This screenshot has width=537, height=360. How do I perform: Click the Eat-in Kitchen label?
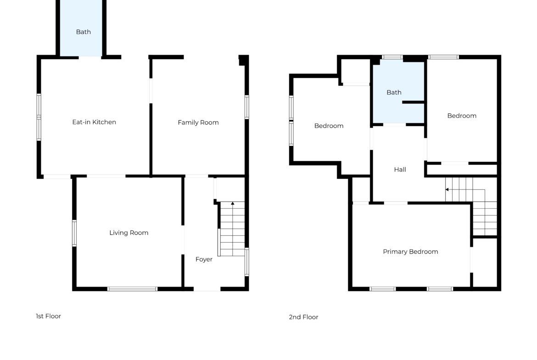click(94, 122)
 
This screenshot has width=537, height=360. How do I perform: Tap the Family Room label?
click(198, 122)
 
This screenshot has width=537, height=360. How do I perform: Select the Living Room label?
click(129, 233)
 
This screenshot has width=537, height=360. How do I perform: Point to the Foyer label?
click(204, 260)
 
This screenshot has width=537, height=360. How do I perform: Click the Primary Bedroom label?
click(410, 252)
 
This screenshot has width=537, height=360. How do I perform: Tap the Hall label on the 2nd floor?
click(400, 169)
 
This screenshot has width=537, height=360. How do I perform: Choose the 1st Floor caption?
click(48, 316)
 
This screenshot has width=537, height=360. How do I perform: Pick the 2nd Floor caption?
click(303, 317)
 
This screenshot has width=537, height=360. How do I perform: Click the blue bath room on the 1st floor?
click(81, 28)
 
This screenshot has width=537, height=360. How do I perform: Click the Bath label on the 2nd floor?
click(394, 92)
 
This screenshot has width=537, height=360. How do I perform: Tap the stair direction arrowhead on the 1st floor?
click(233, 204)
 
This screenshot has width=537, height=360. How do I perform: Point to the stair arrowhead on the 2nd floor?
click(447, 189)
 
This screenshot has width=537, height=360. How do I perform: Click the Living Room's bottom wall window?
click(132, 289)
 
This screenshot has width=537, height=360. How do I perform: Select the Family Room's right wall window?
click(246, 107)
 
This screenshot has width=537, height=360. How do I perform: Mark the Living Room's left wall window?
click(74, 233)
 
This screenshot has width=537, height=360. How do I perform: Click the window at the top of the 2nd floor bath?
click(392, 57)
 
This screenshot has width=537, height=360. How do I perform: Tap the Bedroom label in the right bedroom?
click(462, 116)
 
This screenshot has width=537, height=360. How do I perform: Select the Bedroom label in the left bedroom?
click(329, 126)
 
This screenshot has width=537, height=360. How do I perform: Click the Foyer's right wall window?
click(246, 262)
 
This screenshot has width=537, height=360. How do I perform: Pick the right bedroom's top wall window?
click(443, 57)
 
